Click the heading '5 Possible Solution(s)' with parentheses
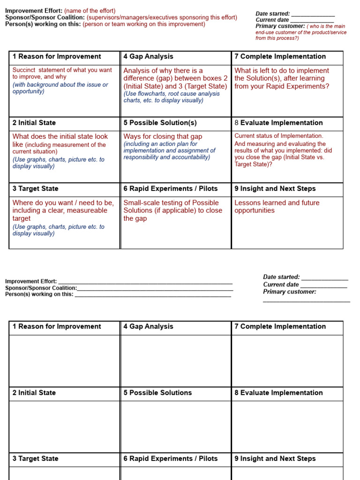(x=160, y=123)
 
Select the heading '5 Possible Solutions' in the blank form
(x=157, y=393)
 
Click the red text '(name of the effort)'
(x=90, y=11)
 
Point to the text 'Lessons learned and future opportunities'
(x=277, y=207)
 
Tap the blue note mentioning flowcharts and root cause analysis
(x=171, y=97)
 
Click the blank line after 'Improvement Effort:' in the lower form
(x=145, y=281)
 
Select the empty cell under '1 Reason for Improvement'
(x=65, y=360)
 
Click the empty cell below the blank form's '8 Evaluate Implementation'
(x=287, y=426)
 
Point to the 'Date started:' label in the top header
(x=272, y=14)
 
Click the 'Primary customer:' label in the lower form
(x=289, y=292)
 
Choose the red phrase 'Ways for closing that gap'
(x=163, y=136)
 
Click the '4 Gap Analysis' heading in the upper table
(x=148, y=57)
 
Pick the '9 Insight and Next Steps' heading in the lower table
(x=275, y=458)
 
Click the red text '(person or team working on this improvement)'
(x=144, y=24)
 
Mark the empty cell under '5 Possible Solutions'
(x=176, y=426)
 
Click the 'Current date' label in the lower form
(x=281, y=285)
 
